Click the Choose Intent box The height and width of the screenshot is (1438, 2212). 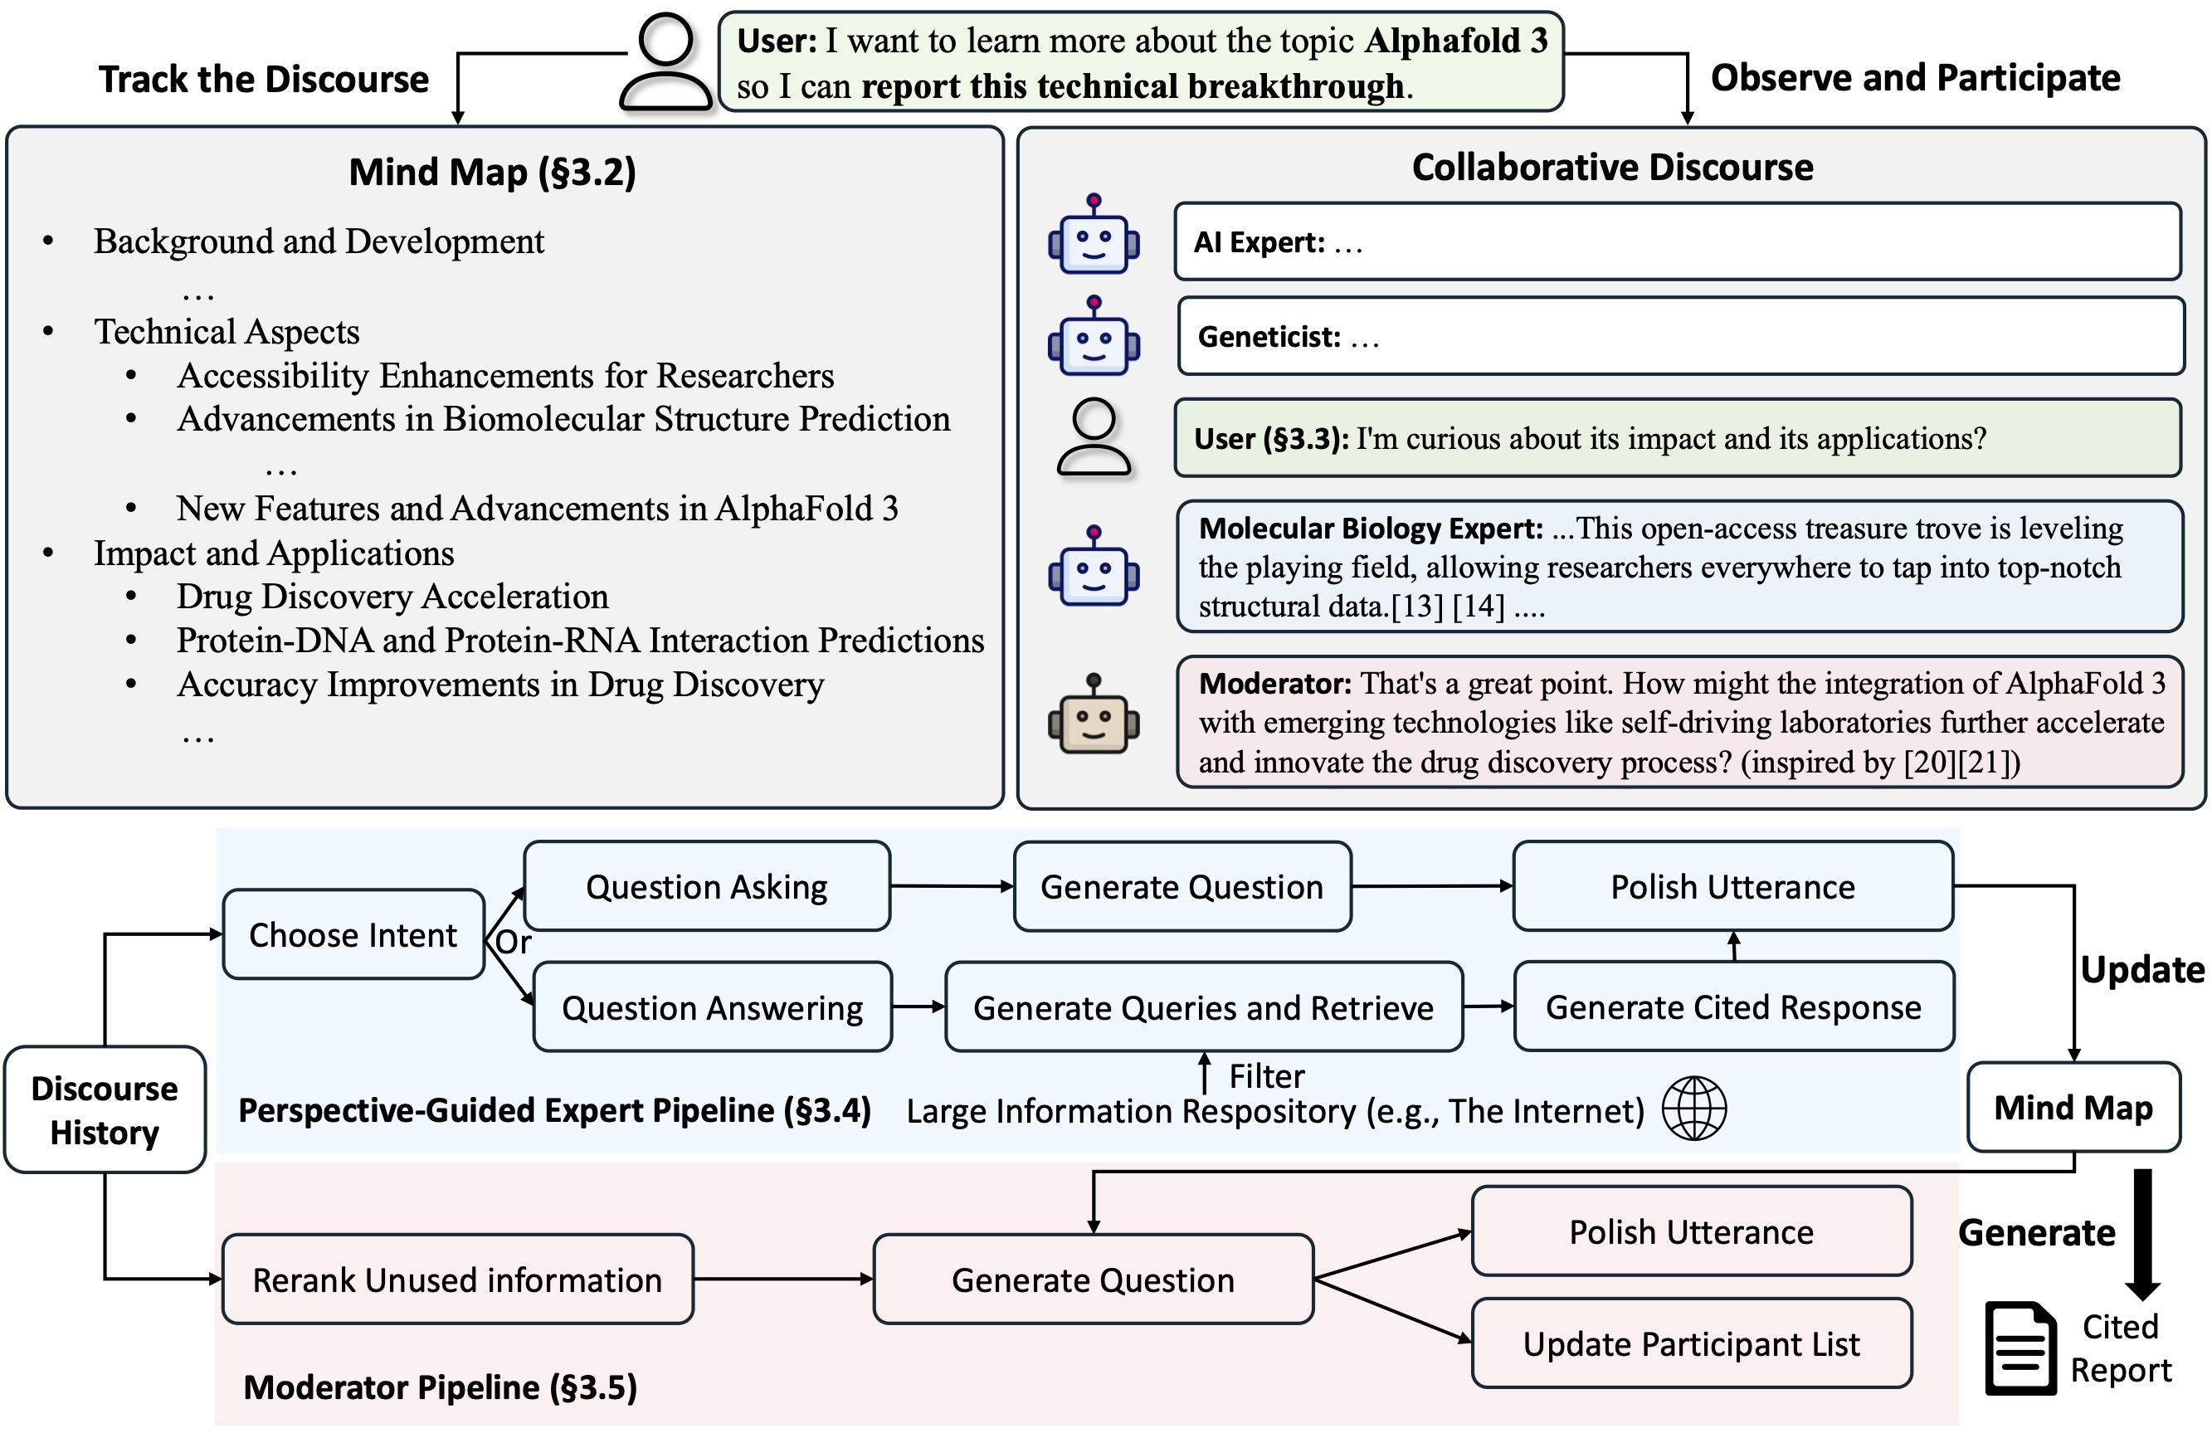point(353,934)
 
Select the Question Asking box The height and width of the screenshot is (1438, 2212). point(707,886)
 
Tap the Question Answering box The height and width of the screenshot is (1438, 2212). point(713,1007)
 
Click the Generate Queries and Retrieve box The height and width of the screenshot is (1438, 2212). point(1204,1007)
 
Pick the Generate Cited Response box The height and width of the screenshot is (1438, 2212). point(1733,1007)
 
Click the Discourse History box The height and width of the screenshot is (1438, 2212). point(104,1110)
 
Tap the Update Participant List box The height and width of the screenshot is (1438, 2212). point(1692,1343)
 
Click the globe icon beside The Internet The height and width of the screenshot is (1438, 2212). point(1693,1108)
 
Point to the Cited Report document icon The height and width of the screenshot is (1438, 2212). point(2020,1348)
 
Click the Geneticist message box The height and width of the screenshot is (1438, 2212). point(1680,335)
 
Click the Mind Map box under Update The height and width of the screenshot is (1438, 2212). point(2073,1107)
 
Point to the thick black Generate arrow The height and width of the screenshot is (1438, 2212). point(2142,1235)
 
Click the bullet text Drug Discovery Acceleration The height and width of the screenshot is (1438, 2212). point(392,596)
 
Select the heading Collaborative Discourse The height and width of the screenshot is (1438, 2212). point(1612,168)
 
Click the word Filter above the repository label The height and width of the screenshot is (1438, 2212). point(1267,1076)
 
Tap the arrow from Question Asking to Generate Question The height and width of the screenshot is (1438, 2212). point(953,886)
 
